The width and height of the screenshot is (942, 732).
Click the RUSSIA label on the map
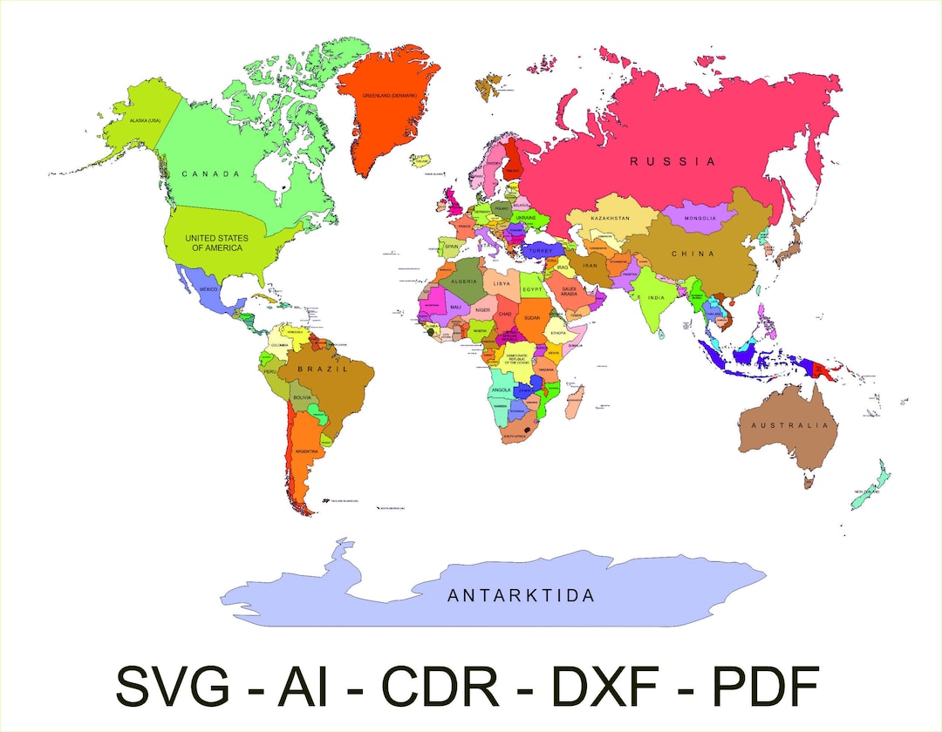click(672, 161)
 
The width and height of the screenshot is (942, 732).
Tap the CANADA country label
click(210, 174)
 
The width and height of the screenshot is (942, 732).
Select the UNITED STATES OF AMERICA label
click(216, 243)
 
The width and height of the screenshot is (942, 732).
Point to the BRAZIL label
click(323, 369)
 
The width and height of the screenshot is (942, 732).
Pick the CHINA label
click(693, 254)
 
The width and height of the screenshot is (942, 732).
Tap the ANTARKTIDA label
click(521, 596)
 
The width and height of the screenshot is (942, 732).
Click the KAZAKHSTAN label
click(610, 218)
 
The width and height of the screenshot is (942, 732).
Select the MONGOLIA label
click(700, 218)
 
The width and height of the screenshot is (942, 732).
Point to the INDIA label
click(656, 298)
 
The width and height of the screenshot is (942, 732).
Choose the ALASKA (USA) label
click(145, 120)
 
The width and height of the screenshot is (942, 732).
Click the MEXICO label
click(208, 288)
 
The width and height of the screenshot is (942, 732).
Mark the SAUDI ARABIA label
click(570, 291)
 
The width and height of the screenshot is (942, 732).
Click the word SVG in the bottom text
click(173, 686)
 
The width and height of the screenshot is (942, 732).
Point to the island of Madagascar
click(575, 403)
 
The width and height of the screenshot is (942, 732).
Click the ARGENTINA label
click(307, 451)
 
